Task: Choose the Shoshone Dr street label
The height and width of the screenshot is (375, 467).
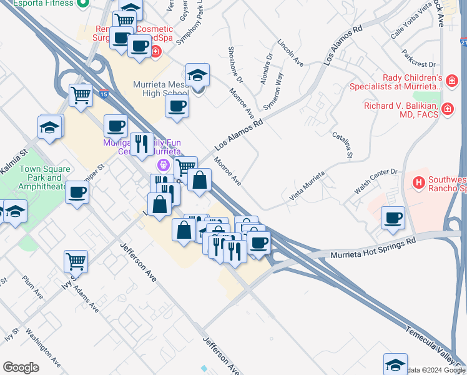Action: coord(235,64)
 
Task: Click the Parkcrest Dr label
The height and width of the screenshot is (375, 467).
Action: coord(419,59)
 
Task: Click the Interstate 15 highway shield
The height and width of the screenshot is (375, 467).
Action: coord(104,94)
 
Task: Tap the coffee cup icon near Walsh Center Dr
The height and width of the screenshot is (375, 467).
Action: coord(393,218)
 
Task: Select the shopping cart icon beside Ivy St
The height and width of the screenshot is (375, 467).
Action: coord(76,261)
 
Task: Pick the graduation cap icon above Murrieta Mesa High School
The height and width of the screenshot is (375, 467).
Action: coord(197,75)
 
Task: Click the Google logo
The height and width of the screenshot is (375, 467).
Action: coord(21,367)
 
